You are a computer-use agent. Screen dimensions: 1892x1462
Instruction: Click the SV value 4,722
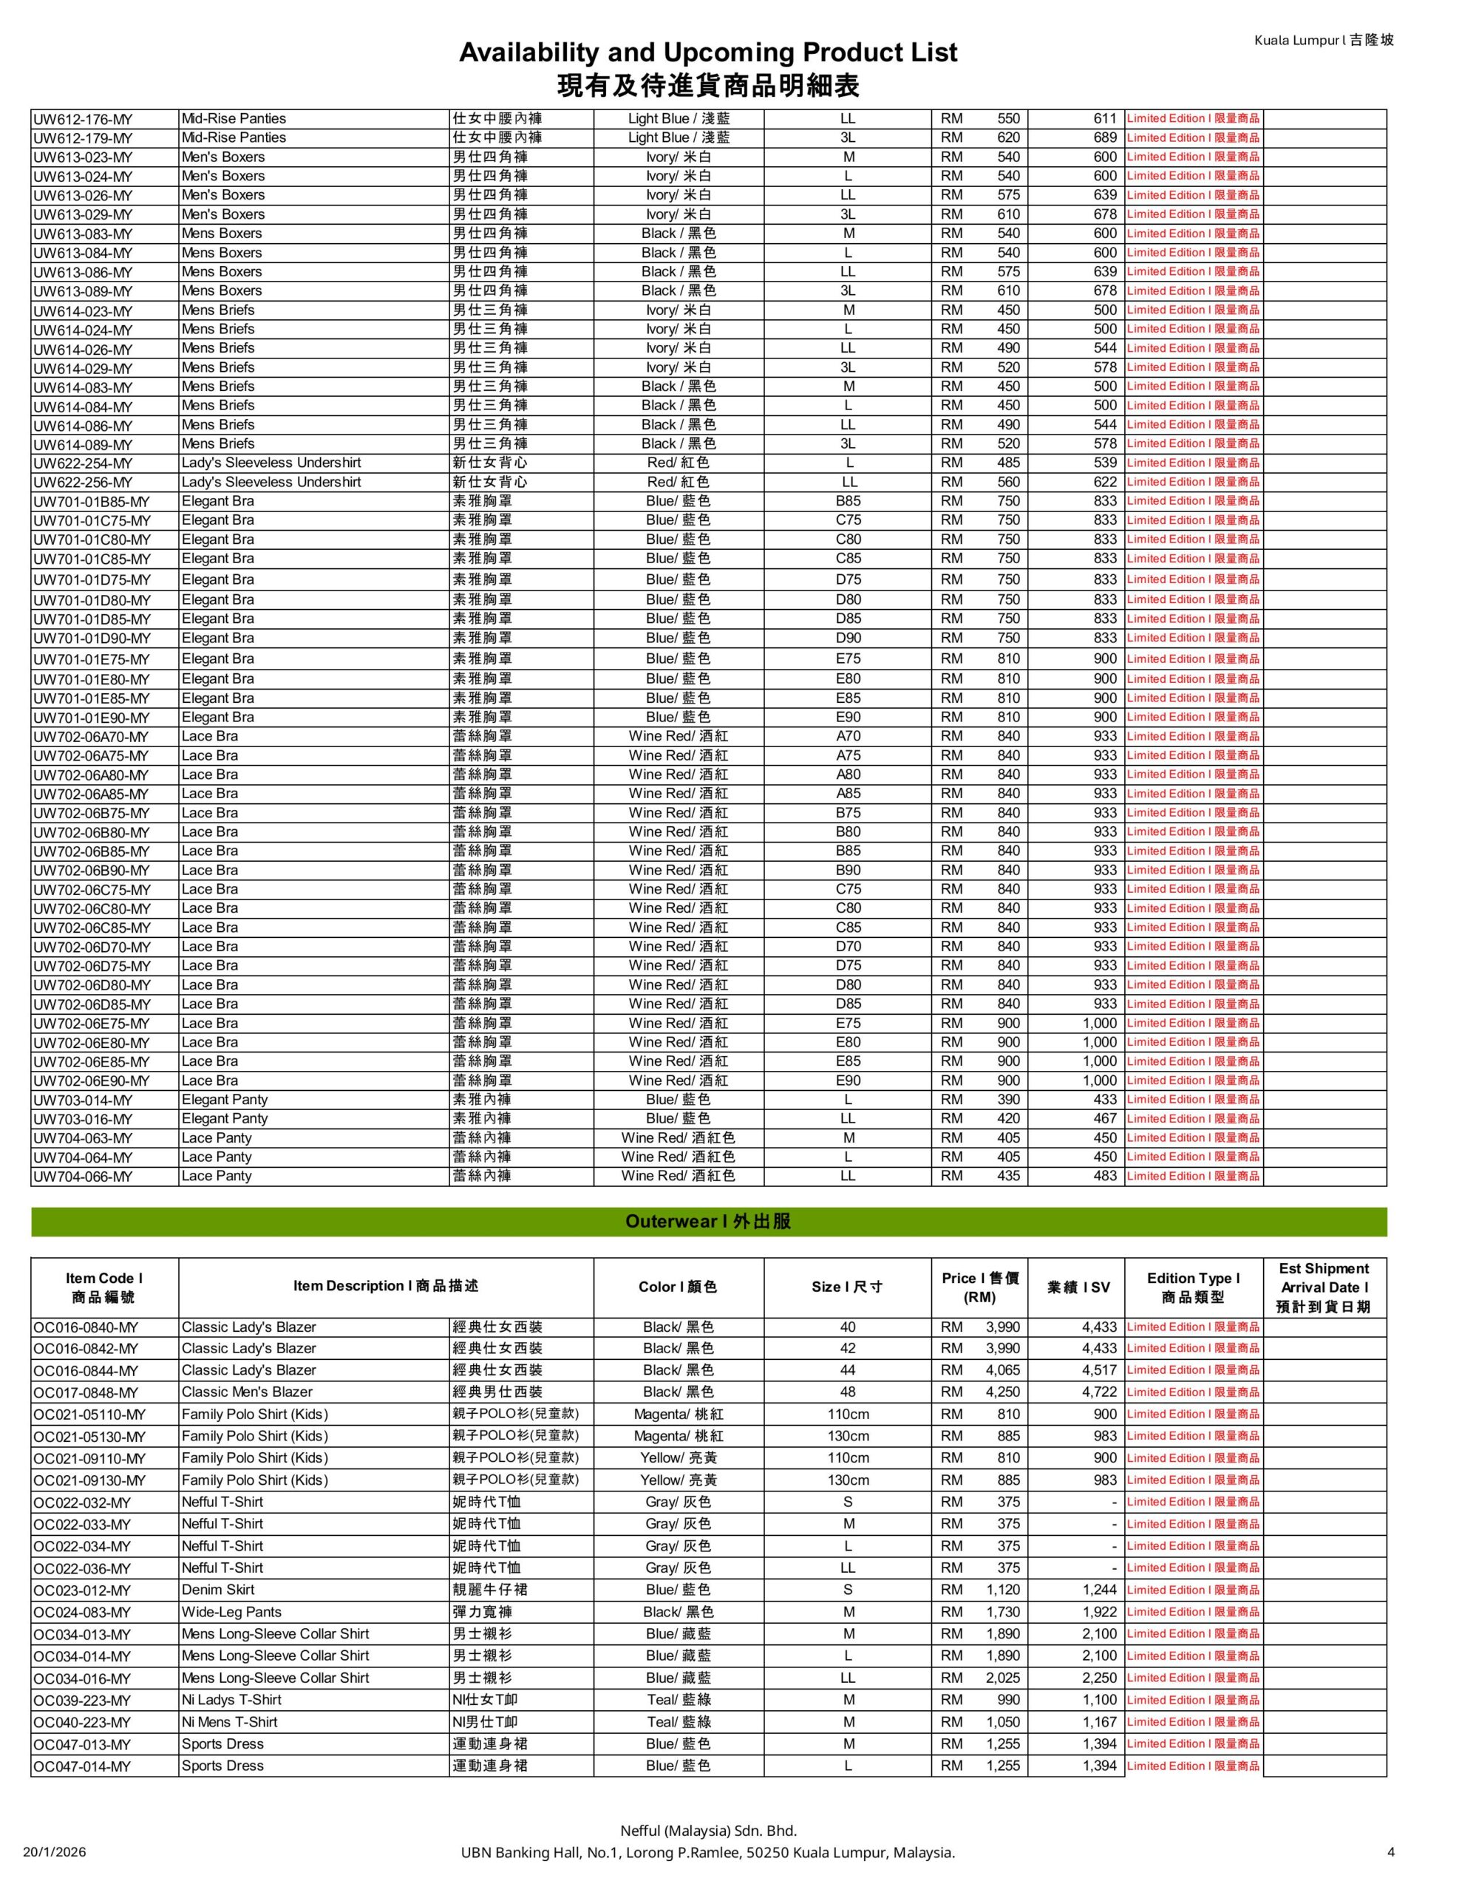[1099, 1392]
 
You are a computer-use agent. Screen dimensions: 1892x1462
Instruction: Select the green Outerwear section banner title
[708, 1222]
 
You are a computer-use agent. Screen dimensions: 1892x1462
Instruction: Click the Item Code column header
[104, 1287]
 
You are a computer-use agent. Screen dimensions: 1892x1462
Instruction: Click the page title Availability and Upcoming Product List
[708, 53]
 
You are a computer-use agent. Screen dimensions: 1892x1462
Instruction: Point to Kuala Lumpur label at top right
[1323, 40]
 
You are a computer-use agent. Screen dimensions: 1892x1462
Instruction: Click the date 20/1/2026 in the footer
[55, 1852]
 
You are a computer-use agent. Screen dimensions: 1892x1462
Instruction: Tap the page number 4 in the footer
[1390, 1852]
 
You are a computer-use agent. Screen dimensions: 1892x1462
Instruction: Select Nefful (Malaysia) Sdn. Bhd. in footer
[708, 1831]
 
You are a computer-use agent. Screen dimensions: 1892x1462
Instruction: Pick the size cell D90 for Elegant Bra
[848, 638]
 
